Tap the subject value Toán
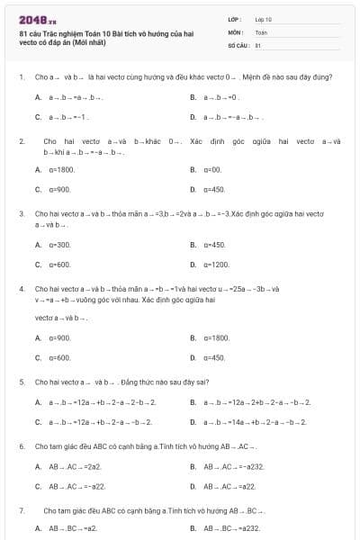point(261,31)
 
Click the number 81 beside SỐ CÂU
point(258,44)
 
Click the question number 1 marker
point(21,76)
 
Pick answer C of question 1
point(67,117)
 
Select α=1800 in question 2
point(62,169)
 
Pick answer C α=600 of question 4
point(59,358)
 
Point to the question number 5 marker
point(21,382)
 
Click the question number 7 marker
point(21,509)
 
